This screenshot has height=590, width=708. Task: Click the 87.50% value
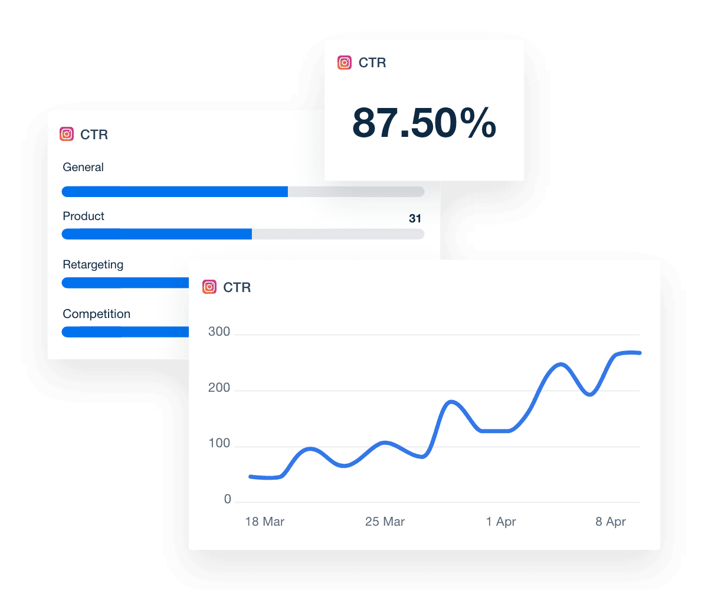(424, 124)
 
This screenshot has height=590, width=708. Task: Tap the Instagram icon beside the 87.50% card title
(345, 63)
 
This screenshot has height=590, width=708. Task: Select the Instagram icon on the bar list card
(67, 135)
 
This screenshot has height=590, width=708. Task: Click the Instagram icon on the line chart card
(209, 287)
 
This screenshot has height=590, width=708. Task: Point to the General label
(83, 168)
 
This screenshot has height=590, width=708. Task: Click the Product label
(83, 217)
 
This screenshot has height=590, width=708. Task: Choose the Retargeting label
(93, 265)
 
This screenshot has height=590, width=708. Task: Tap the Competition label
(96, 314)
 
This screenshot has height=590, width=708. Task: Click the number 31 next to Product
(415, 219)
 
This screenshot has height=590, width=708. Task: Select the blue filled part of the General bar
(175, 192)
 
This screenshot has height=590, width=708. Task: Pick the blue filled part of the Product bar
(157, 234)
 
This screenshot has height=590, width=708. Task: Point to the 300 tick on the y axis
(219, 332)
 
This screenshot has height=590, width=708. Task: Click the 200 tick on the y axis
(219, 391)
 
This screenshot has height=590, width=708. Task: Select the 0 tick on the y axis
(227, 500)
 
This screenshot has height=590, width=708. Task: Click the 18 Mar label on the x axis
(265, 522)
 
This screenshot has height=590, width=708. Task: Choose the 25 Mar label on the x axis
(385, 522)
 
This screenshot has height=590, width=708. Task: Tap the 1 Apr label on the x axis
(501, 522)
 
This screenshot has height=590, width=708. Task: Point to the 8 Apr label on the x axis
(611, 522)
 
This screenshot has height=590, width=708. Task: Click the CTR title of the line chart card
(237, 288)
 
